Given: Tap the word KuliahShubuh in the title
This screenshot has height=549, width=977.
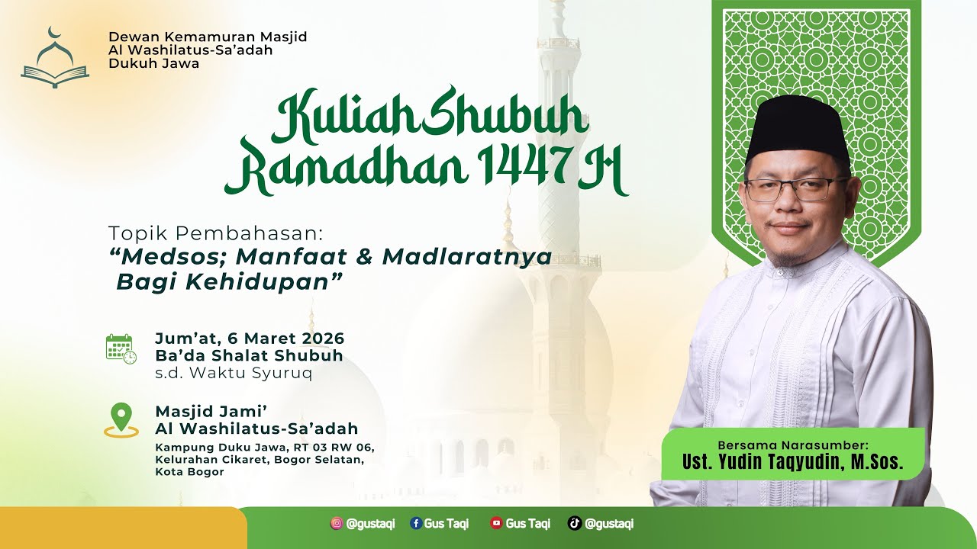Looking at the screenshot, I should [x=430, y=117].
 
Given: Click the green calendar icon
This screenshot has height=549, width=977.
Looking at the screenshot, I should [x=121, y=348].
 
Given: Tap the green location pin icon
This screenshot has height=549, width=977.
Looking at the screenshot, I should [x=121, y=418].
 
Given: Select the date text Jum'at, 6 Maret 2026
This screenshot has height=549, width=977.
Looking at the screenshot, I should [x=250, y=338].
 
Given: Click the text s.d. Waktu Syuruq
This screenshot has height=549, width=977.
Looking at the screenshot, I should [x=233, y=373].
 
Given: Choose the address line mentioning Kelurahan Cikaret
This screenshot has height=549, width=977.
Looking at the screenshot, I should [x=259, y=460].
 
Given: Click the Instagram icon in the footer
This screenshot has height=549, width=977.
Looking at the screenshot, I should [x=337, y=523].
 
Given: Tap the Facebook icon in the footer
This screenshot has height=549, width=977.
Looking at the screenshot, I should [x=416, y=523].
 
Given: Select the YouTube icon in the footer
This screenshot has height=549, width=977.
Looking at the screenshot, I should [x=496, y=523].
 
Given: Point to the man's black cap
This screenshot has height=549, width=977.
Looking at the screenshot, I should [x=798, y=127].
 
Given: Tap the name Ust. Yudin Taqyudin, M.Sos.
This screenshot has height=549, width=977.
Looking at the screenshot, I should [x=792, y=462].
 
